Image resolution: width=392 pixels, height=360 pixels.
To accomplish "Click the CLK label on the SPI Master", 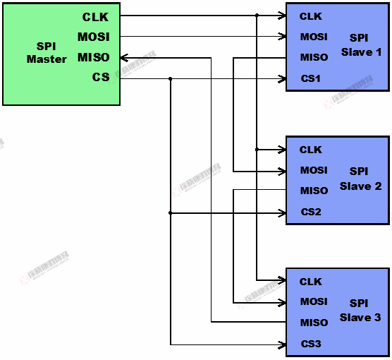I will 95,17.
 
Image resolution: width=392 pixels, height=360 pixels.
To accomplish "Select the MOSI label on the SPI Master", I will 94,37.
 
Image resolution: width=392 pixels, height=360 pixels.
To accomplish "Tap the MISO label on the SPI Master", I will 94,57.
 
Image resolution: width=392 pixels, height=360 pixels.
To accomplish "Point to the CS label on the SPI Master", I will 101,77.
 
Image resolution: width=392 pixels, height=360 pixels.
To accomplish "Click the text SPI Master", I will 47,53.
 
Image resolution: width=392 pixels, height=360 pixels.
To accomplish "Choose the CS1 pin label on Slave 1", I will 310,78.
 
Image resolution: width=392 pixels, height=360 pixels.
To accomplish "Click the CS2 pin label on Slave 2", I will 311,212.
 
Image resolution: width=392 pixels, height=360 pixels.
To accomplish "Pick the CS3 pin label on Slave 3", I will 310,344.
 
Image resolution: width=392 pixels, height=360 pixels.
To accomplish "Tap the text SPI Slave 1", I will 361,46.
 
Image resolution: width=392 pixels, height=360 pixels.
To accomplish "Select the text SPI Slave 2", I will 360,179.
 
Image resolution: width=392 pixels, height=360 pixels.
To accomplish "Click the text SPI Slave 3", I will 360,311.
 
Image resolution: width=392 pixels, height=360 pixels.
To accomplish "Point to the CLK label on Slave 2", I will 310,150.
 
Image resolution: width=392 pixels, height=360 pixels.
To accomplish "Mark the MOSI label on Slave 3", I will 314,301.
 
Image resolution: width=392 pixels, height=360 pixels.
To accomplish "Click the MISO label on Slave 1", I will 314,57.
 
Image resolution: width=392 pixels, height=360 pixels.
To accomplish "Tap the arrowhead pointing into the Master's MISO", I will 124,57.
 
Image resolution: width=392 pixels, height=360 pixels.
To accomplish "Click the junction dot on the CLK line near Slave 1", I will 257,16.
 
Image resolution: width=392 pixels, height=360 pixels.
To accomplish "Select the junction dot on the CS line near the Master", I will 170,78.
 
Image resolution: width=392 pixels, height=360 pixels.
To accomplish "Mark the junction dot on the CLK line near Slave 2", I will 257,149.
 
